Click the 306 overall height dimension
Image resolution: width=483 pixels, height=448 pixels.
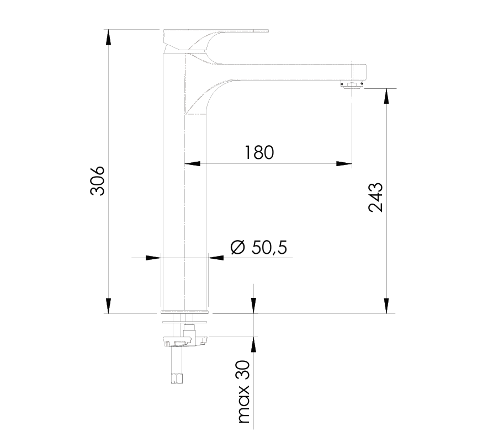pyautogui.click(x=98, y=180)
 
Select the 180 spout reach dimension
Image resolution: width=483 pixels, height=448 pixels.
pyautogui.click(x=259, y=152)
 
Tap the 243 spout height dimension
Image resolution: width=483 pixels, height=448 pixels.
pyautogui.click(x=375, y=197)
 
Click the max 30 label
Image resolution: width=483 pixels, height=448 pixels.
pyautogui.click(x=243, y=392)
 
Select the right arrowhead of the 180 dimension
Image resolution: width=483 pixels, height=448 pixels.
pyautogui.click(x=345, y=163)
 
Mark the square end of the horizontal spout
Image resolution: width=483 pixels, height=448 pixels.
pyautogui.click(x=360, y=72)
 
